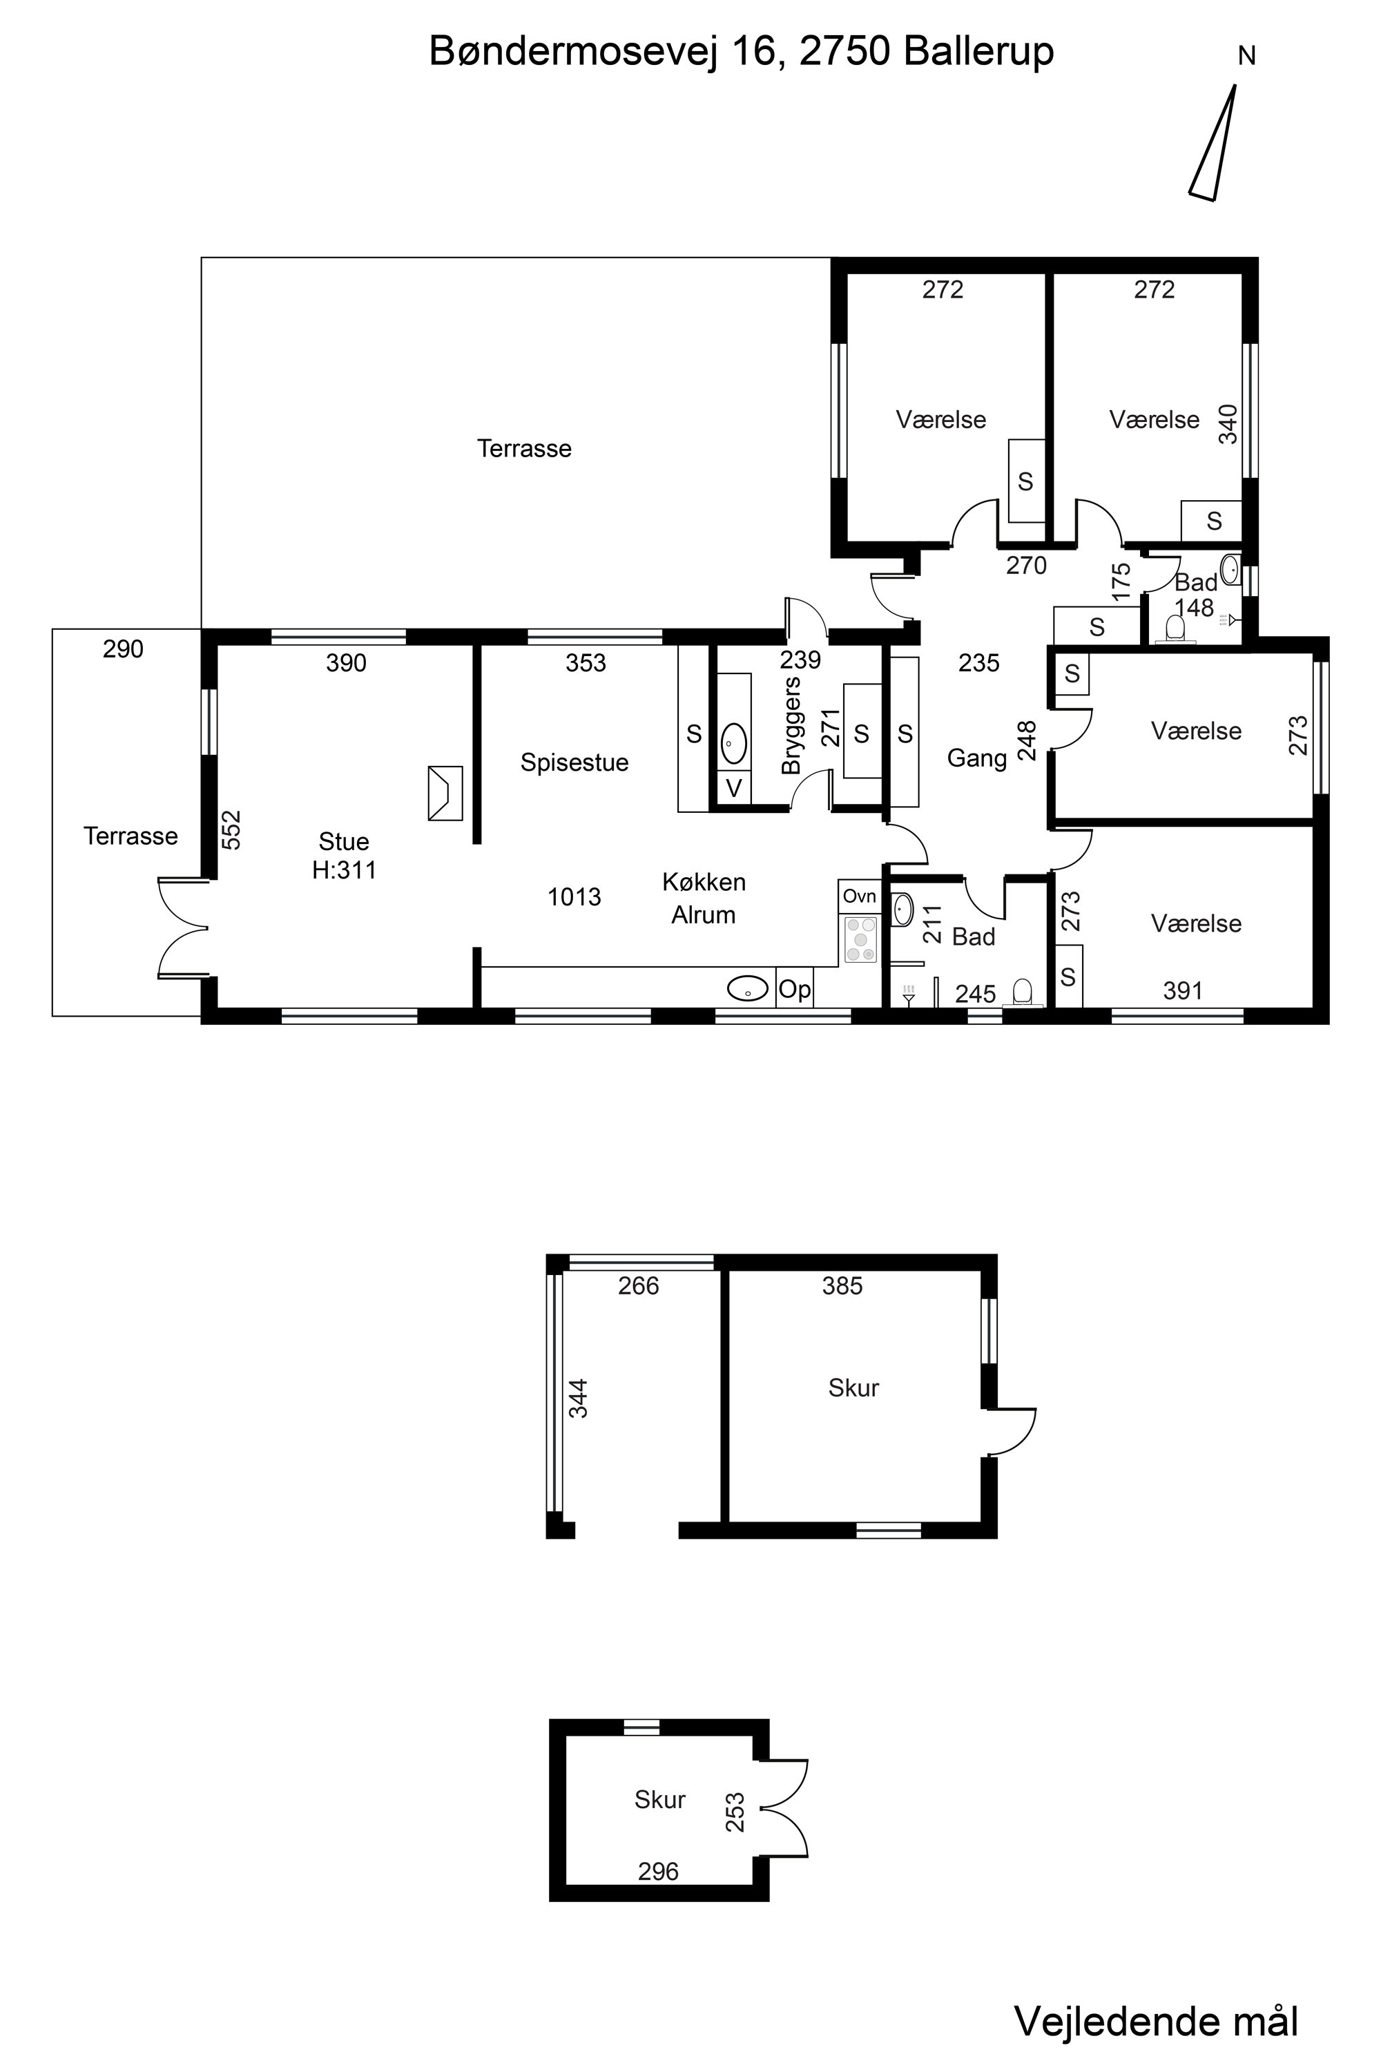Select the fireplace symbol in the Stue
(x=445, y=793)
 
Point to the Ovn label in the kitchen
(x=860, y=896)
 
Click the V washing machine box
(x=733, y=787)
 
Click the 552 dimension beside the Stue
(x=230, y=830)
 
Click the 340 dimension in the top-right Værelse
(x=1227, y=424)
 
